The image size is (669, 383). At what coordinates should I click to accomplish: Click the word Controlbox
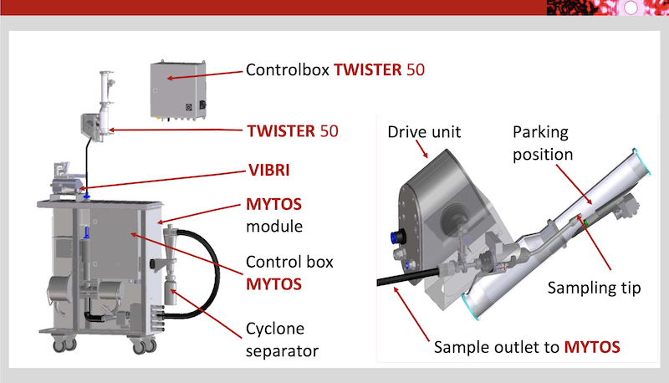click(x=287, y=70)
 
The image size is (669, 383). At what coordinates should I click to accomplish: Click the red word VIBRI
click(x=268, y=170)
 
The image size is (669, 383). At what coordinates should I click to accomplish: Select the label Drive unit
click(x=424, y=132)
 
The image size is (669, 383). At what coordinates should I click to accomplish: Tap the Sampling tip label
click(x=594, y=288)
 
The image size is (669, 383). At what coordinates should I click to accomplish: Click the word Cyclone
click(x=275, y=329)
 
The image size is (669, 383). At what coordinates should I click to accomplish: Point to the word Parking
click(x=540, y=132)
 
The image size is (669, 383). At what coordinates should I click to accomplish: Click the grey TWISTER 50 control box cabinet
click(x=178, y=90)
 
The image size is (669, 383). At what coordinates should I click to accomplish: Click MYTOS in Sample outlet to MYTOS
click(x=592, y=347)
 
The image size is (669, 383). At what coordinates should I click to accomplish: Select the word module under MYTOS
click(x=274, y=227)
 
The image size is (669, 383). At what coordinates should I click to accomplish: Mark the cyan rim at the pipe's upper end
click(x=641, y=161)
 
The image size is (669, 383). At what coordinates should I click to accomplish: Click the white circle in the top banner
click(x=631, y=8)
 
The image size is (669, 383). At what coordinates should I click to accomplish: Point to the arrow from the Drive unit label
click(x=421, y=149)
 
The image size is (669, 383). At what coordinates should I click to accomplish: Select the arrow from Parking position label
click(x=574, y=185)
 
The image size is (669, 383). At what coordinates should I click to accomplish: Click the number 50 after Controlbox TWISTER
click(x=415, y=70)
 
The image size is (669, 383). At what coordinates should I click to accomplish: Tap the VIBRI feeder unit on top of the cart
click(x=66, y=181)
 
